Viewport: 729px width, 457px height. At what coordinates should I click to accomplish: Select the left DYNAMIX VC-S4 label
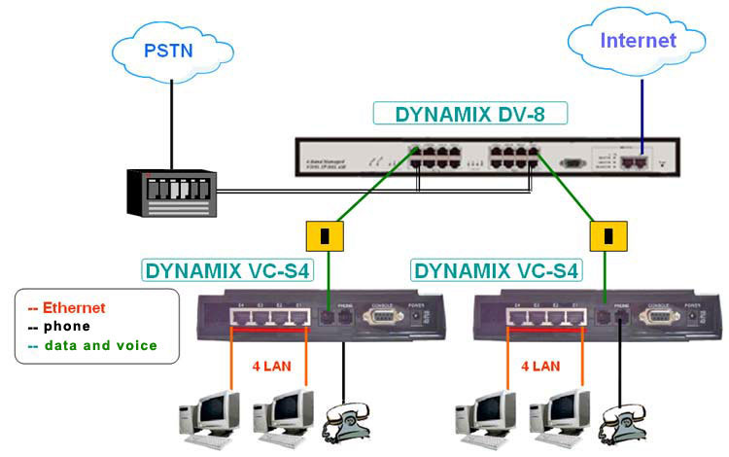click(228, 269)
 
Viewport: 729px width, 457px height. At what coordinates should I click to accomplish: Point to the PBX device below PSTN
click(171, 192)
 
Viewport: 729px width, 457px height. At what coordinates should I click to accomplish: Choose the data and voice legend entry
click(92, 344)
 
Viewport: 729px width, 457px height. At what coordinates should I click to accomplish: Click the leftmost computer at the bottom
click(208, 412)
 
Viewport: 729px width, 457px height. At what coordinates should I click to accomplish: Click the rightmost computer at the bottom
click(559, 412)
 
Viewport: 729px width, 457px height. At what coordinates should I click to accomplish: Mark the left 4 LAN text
click(269, 368)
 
